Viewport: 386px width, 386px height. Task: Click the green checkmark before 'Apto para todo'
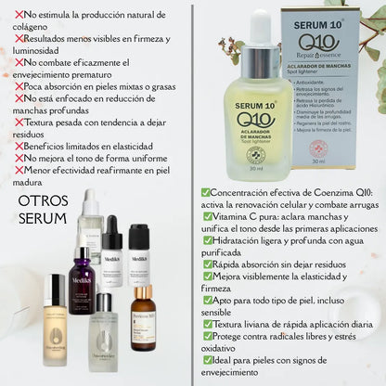point(208,301)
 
